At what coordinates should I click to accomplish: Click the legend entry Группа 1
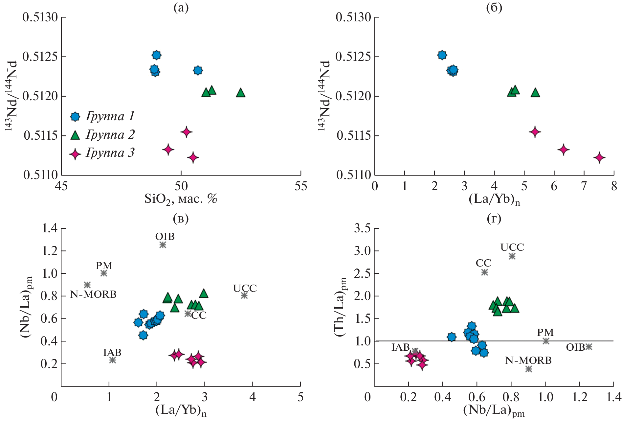pos(102,117)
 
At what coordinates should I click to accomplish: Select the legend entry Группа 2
pos(102,135)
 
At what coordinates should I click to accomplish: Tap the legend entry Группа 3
pos(102,153)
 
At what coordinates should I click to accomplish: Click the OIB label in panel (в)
pos(165,237)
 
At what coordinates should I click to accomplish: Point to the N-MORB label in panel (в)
pos(93,294)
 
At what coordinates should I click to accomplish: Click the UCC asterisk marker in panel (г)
pos(512,256)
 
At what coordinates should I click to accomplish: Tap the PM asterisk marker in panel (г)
pos(545,341)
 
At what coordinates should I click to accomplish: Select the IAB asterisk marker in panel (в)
pos(112,360)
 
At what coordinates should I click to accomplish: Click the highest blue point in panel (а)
pos(157,55)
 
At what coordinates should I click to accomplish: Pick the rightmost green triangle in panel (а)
pos(241,93)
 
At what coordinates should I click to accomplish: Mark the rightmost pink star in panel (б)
pos(599,158)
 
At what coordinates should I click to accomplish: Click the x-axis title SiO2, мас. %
pos(181,199)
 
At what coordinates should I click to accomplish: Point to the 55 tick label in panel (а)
pos(301,187)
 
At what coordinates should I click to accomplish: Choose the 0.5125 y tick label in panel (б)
pos(353,57)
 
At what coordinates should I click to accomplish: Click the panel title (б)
pos(494,8)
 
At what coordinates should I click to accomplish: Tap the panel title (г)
pos(494,219)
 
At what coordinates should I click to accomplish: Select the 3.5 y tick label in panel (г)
pos(362,228)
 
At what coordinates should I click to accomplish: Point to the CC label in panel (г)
pos(483,263)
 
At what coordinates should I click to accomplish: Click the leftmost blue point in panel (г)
pos(452,337)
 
